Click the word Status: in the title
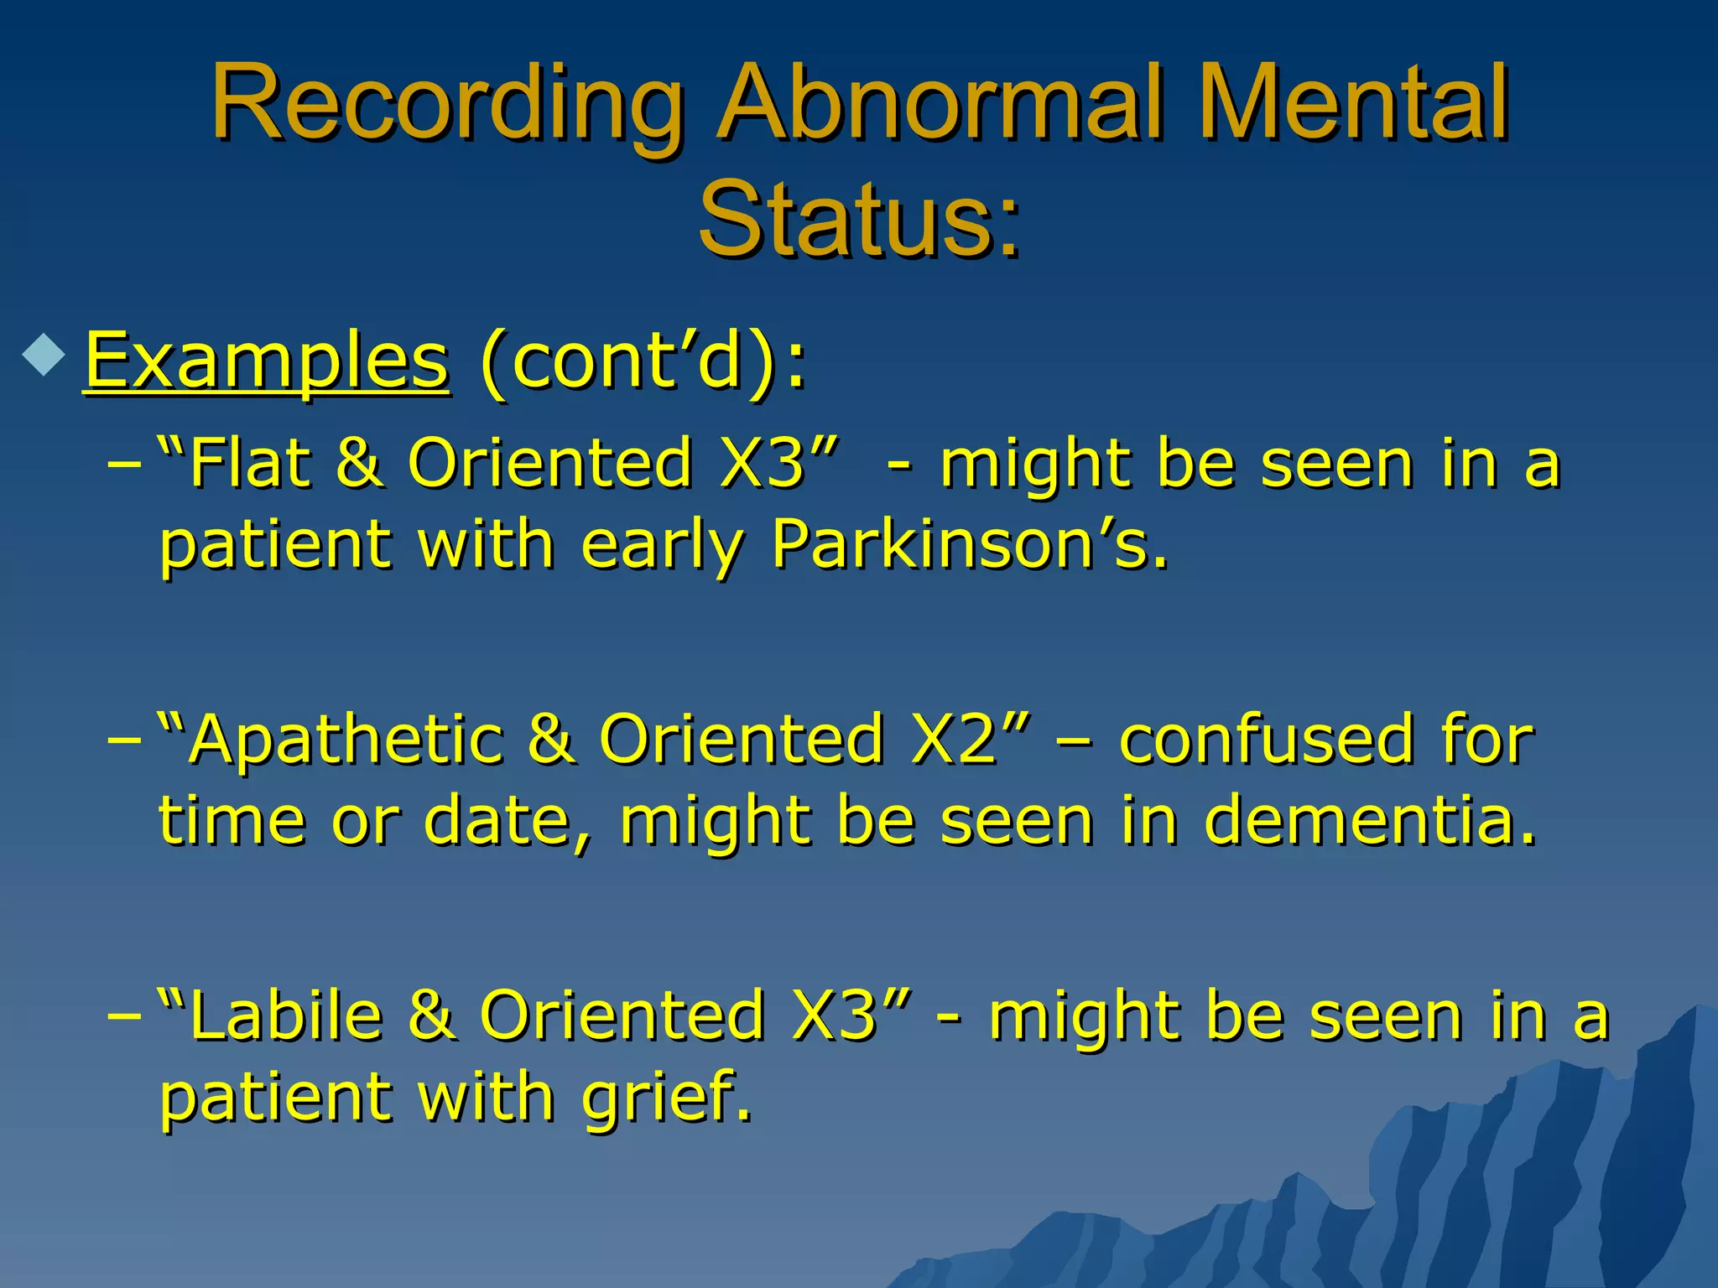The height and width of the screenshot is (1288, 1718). pyautogui.click(x=859, y=220)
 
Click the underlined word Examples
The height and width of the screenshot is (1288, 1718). pyautogui.click(x=267, y=362)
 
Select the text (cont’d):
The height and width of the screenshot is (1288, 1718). pyautogui.click(x=643, y=362)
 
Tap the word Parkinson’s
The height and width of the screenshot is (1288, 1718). pyautogui.click(x=969, y=545)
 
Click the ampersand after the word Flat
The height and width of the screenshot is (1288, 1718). pyautogui.click(x=359, y=463)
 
